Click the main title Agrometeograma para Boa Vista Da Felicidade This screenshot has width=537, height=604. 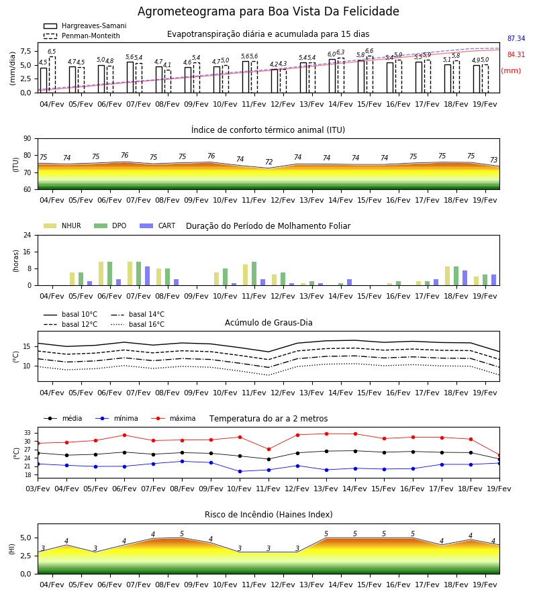(x=268, y=11)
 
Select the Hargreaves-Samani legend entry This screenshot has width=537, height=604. (x=85, y=26)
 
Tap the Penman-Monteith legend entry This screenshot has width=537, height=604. (x=82, y=36)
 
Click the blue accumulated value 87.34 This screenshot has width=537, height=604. (x=516, y=38)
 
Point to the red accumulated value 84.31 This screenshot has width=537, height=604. (x=516, y=55)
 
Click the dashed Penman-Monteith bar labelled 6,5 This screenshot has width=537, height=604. (x=52, y=74)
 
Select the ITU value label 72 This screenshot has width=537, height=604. (x=269, y=162)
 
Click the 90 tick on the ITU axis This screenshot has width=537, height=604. (x=28, y=139)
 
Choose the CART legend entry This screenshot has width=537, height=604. (x=158, y=225)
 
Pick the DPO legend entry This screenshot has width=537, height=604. (x=110, y=225)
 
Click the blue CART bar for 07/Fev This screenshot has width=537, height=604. (x=148, y=276)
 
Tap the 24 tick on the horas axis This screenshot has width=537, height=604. (x=28, y=235)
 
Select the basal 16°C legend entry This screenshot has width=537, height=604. (x=138, y=324)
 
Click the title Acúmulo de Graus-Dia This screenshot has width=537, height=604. (x=268, y=323)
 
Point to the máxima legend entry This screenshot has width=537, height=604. (x=173, y=418)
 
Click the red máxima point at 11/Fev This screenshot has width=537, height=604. (x=269, y=449)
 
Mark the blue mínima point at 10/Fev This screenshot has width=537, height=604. (x=240, y=472)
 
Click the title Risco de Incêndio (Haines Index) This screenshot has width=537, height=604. (x=268, y=515)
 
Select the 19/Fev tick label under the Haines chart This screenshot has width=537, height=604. (x=485, y=585)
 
